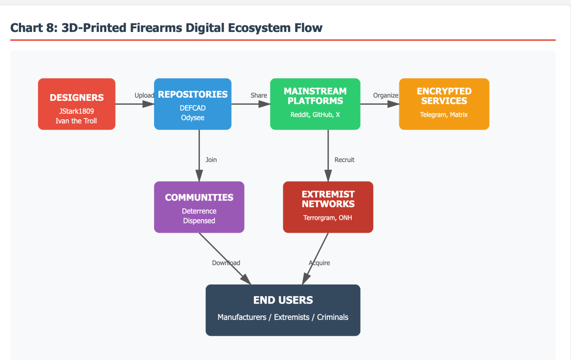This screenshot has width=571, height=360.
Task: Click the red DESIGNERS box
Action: pyautogui.click(x=77, y=104)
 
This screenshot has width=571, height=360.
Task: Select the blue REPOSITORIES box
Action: pyautogui.click(x=193, y=104)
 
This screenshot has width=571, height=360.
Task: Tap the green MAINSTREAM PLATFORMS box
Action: pyautogui.click(x=315, y=104)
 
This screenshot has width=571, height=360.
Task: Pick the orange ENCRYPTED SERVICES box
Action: pyautogui.click(x=444, y=104)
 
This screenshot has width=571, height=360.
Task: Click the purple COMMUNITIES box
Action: pyautogui.click(x=199, y=207)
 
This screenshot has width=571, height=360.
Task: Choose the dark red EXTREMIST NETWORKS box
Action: pyautogui.click(x=328, y=207)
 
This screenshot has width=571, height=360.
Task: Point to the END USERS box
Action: pyautogui.click(x=283, y=310)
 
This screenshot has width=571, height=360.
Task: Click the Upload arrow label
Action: pyautogui.click(x=144, y=95)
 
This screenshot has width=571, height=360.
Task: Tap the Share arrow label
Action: pyautogui.click(x=259, y=95)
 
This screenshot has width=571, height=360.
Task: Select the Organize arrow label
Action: pyautogui.click(x=385, y=95)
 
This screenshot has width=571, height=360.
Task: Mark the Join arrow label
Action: pyautogui.click(x=211, y=160)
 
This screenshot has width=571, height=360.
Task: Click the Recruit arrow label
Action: pyautogui.click(x=344, y=160)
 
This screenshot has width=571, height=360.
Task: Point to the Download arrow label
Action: pyautogui.click(x=226, y=263)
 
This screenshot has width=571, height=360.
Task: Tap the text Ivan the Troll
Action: pyautogui.click(x=76, y=121)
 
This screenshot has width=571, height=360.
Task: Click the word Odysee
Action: pyautogui.click(x=193, y=117)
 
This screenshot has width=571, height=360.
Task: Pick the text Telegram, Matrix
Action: pyautogui.click(x=444, y=115)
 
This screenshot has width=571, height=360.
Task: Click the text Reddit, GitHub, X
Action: pyautogui.click(x=315, y=115)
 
